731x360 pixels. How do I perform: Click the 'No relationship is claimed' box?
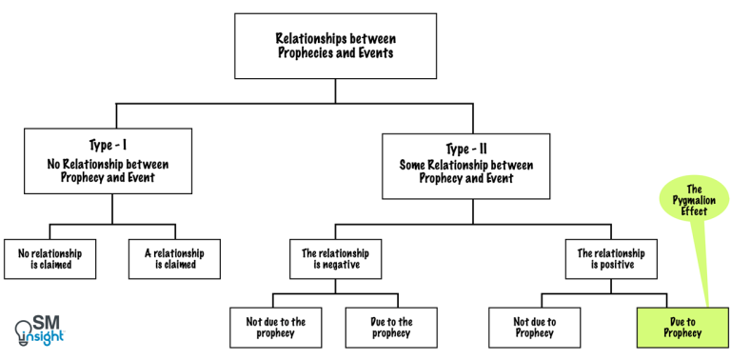pyautogui.click(x=50, y=258)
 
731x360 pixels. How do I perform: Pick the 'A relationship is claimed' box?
pyautogui.click(x=174, y=258)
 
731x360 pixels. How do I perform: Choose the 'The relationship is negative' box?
pyautogui.click(x=335, y=259)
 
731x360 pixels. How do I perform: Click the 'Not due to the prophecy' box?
pyautogui.click(x=276, y=327)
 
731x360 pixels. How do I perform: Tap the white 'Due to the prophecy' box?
pyautogui.click(x=390, y=327)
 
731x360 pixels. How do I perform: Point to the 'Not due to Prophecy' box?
pyautogui.click(x=535, y=327)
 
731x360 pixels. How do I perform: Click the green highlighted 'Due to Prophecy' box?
pyautogui.click(x=682, y=327)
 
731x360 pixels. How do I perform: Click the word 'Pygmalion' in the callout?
pyautogui.click(x=694, y=202)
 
